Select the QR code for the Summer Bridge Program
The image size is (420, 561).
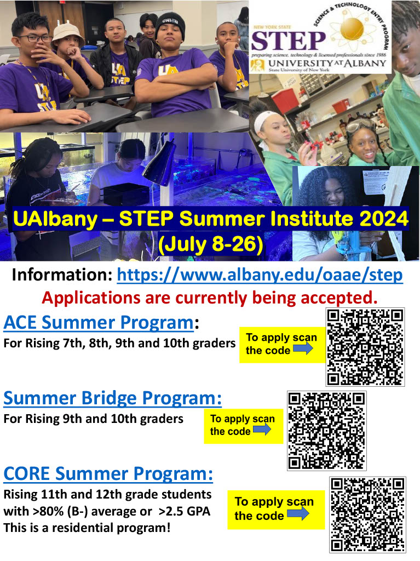click(326, 431)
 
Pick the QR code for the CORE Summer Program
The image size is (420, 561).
click(367, 514)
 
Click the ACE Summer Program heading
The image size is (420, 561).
click(99, 323)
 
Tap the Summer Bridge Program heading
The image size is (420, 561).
click(112, 398)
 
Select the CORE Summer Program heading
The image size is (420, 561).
click(108, 473)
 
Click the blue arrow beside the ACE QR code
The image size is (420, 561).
click(303, 349)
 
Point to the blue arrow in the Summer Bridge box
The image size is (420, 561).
click(262, 430)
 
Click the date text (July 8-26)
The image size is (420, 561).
click(210, 244)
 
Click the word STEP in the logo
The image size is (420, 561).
click(287, 40)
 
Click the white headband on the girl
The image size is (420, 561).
click(267, 116)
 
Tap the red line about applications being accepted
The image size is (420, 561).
click(210, 298)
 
